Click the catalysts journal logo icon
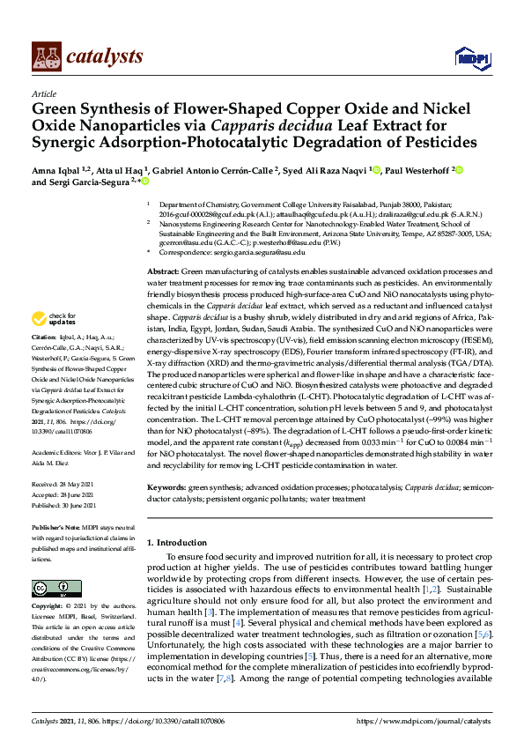click(x=46, y=56)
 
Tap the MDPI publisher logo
click(x=470, y=58)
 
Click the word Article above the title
click(x=44, y=93)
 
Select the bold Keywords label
click(x=168, y=486)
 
